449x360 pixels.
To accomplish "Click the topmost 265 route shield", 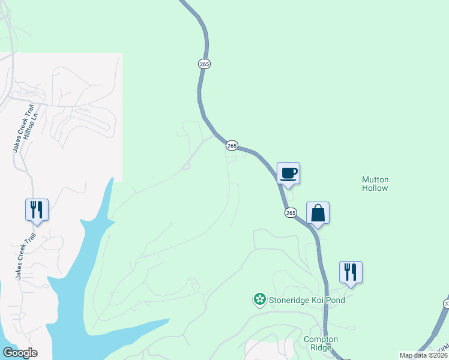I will click(x=205, y=64).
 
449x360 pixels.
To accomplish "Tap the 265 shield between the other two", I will click(x=232, y=145).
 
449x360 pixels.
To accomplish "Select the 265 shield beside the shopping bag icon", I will click(x=291, y=212).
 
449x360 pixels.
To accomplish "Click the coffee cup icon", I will click(x=288, y=174).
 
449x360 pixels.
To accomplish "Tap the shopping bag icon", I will click(x=318, y=214).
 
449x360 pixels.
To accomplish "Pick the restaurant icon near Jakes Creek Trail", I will click(x=37, y=210).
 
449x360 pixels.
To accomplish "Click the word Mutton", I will click(x=375, y=179).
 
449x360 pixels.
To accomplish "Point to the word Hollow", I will click(x=375, y=188).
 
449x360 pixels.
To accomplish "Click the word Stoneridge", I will click(x=288, y=300).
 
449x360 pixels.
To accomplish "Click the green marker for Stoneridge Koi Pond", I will click(x=259, y=299).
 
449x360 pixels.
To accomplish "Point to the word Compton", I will click(x=321, y=340).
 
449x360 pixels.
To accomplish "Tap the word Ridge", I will click(x=321, y=348).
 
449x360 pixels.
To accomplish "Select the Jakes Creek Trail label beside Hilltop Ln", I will click(x=17, y=128).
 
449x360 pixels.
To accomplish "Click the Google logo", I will click(x=20, y=352).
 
